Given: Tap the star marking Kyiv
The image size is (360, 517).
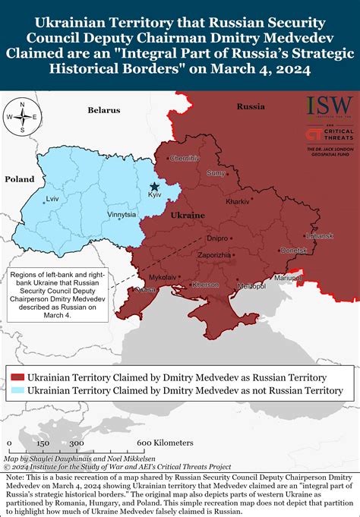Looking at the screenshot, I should [155, 186].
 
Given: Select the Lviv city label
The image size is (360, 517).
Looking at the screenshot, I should [52, 199].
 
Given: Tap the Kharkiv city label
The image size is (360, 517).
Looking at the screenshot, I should [238, 201].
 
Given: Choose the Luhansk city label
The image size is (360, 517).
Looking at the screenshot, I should [320, 235].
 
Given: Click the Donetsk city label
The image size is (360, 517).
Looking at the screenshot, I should [294, 249].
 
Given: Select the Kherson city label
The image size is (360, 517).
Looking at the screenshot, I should [205, 285].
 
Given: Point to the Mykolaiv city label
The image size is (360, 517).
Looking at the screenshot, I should [163, 277].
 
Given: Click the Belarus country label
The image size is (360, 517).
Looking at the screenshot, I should [104, 110].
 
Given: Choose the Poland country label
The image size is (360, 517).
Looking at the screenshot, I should [20, 179].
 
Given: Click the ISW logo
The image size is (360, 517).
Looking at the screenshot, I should [329, 104].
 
